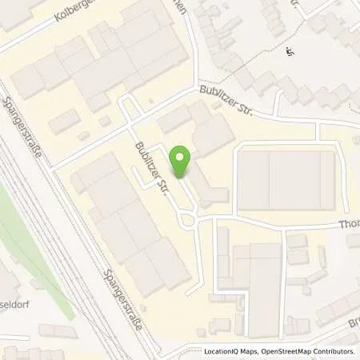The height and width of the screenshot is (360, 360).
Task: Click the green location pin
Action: [x=182, y=164]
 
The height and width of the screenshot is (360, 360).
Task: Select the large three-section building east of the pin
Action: [x=286, y=180]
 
